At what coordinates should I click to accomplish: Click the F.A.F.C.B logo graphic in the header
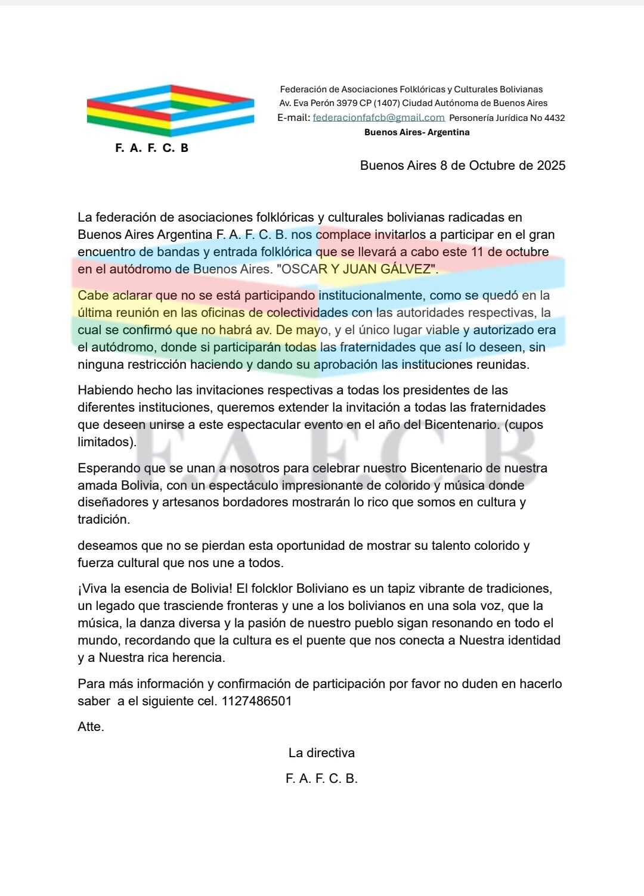tap(170, 111)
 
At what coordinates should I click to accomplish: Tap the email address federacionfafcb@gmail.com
tap(379, 118)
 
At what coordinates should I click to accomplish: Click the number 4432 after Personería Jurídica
tap(554, 118)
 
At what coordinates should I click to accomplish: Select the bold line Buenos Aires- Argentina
tap(417, 132)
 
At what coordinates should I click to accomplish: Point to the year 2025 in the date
tap(551, 166)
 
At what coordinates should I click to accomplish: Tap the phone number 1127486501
tap(256, 701)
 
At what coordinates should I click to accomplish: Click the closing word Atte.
tap(91, 727)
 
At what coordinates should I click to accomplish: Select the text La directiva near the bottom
tap(321, 753)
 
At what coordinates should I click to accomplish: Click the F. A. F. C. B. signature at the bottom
tap(321, 779)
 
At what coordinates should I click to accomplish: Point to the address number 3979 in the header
tap(347, 104)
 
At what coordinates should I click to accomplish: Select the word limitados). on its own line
tap(107, 442)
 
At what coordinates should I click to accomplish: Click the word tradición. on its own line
tap(103, 519)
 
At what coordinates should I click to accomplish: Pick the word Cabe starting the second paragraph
tap(92, 295)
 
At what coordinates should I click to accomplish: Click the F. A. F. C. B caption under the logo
tap(151, 148)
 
